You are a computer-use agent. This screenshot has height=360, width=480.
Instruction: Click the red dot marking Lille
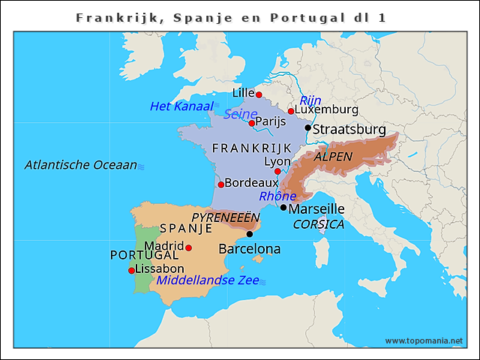259,94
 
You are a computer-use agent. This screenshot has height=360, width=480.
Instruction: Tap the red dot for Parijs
252,123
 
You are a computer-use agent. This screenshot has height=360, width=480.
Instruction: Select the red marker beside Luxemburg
291,111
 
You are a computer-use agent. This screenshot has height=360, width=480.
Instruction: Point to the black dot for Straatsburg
307,127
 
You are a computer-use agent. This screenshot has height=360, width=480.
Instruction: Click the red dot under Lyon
277,171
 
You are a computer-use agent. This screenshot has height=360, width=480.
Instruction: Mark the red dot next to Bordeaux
220,184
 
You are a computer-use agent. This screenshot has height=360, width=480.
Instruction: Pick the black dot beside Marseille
283,207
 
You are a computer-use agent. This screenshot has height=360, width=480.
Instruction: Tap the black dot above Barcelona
250,234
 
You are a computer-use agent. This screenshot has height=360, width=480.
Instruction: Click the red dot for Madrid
189,247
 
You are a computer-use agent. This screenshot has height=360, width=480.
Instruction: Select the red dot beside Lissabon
132,270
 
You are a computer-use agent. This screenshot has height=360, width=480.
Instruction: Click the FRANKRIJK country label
251,148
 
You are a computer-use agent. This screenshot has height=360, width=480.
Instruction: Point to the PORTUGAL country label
145,255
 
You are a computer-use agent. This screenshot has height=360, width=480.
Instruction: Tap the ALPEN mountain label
332,157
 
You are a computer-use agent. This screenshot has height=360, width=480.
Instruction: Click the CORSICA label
319,224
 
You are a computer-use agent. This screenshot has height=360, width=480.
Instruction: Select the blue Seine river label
240,114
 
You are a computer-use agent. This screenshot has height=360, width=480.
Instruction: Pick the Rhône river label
277,196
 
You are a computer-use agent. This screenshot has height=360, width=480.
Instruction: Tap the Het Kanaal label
182,106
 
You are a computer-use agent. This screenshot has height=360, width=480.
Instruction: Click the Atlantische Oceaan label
81,165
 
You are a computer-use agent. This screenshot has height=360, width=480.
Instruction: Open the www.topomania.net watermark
424,340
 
